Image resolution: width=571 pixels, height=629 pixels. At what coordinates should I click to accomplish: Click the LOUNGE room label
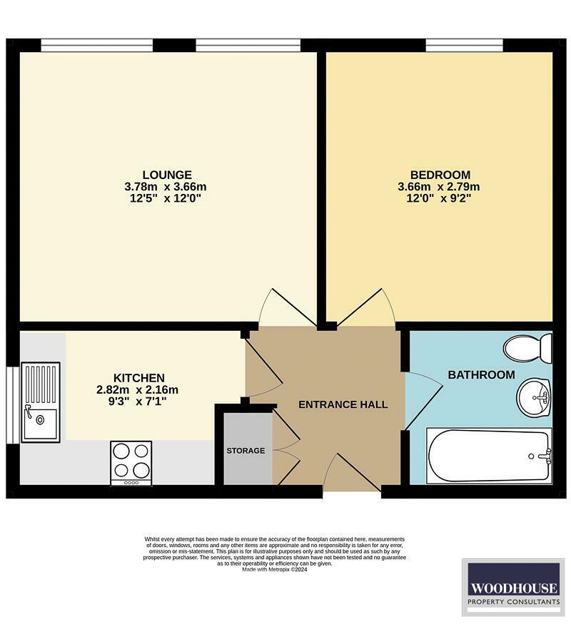coord(167,175)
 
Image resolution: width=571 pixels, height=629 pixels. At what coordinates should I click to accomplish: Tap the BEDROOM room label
coord(440,175)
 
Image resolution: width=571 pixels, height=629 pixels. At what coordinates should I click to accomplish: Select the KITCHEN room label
coord(139,377)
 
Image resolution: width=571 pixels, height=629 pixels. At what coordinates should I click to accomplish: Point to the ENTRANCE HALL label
coord(343,404)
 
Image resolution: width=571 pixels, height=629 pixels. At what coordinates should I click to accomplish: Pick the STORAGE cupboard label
coord(246,451)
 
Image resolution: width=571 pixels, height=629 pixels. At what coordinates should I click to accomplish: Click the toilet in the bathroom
coord(528,348)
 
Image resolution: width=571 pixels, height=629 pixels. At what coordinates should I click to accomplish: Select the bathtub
coord(488,455)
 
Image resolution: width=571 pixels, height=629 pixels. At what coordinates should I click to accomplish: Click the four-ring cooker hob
coord(131,462)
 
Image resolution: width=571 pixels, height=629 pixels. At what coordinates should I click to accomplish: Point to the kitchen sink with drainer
coord(41,402)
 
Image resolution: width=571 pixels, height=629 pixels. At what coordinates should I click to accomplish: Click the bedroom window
coord(465,45)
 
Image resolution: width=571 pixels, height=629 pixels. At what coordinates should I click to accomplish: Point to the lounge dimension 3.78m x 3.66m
coord(167,187)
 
